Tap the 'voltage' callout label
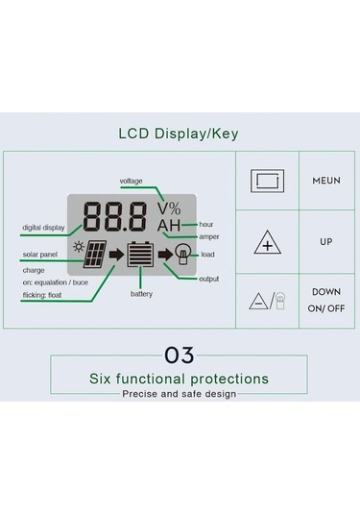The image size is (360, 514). coord(132,181)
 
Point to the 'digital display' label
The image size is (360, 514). coord(43,228)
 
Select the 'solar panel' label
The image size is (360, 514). coord(39,255)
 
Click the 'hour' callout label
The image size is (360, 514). coord(206,224)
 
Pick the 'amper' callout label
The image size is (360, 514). coord(208,236)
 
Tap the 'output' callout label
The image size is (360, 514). coord(208,279)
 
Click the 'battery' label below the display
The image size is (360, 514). coord(141,293)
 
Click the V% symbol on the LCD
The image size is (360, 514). coord(169,208)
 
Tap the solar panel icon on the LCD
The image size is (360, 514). coord(95,256)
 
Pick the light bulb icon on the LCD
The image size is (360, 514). coord(182,255)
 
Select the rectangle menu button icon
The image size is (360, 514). coord(266,181)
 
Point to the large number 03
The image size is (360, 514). coord(179,355)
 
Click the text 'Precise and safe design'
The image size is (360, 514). coord(179,394)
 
